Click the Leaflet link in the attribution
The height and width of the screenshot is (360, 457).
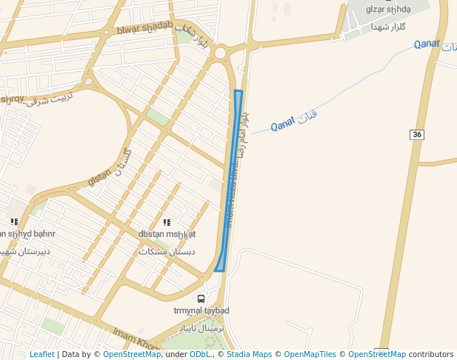(41, 354)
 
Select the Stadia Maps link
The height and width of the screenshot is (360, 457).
(249, 354)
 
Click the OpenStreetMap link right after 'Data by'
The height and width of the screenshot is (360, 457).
(131, 354)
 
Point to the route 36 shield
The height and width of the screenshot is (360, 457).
(418, 134)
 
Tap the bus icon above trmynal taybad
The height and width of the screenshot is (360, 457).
(201, 299)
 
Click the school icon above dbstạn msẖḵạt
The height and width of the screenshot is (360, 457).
(167, 222)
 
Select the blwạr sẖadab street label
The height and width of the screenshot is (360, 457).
(144, 28)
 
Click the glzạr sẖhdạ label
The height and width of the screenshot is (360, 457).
(388, 9)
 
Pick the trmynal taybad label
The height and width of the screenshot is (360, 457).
(201, 310)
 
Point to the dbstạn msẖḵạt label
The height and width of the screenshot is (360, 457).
(167, 234)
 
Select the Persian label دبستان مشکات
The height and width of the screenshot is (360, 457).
(167, 251)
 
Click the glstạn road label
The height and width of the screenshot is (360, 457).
(99, 179)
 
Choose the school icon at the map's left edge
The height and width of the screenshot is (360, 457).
(14, 221)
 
